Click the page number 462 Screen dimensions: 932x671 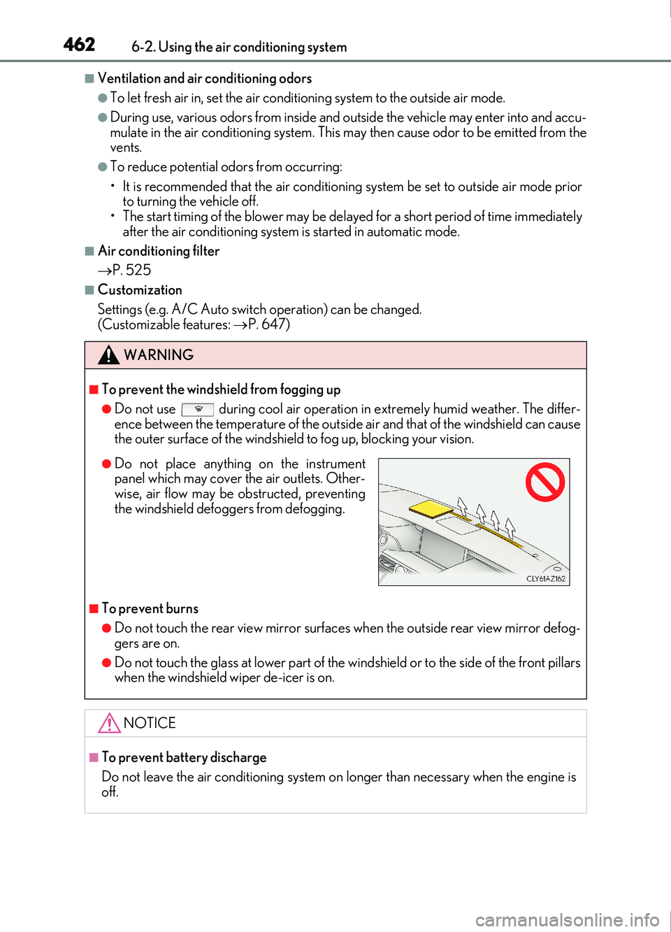click(79, 45)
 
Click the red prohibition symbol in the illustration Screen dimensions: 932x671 click(545, 482)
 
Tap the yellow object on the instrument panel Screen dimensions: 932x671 click(431, 508)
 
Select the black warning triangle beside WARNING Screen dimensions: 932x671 click(108, 355)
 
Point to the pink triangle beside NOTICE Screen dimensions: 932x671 click(109, 723)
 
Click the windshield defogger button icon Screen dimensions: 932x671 click(198, 410)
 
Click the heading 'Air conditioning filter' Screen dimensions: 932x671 click(159, 251)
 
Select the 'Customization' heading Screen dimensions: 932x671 click(140, 290)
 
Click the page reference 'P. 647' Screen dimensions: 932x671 click(267, 324)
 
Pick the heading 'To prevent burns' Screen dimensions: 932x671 click(150, 609)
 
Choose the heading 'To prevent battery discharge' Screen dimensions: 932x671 click(185, 758)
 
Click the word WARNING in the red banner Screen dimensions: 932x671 click(159, 355)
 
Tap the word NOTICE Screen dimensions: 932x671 click(150, 723)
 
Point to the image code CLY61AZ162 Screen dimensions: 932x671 click(545, 579)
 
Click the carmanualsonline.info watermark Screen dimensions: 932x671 click(567, 920)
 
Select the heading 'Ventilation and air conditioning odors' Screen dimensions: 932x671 click(205, 78)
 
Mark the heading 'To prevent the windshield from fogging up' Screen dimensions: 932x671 click(222, 389)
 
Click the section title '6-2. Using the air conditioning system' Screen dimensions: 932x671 click(239, 47)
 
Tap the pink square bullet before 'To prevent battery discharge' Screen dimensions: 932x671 click(94, 758)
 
